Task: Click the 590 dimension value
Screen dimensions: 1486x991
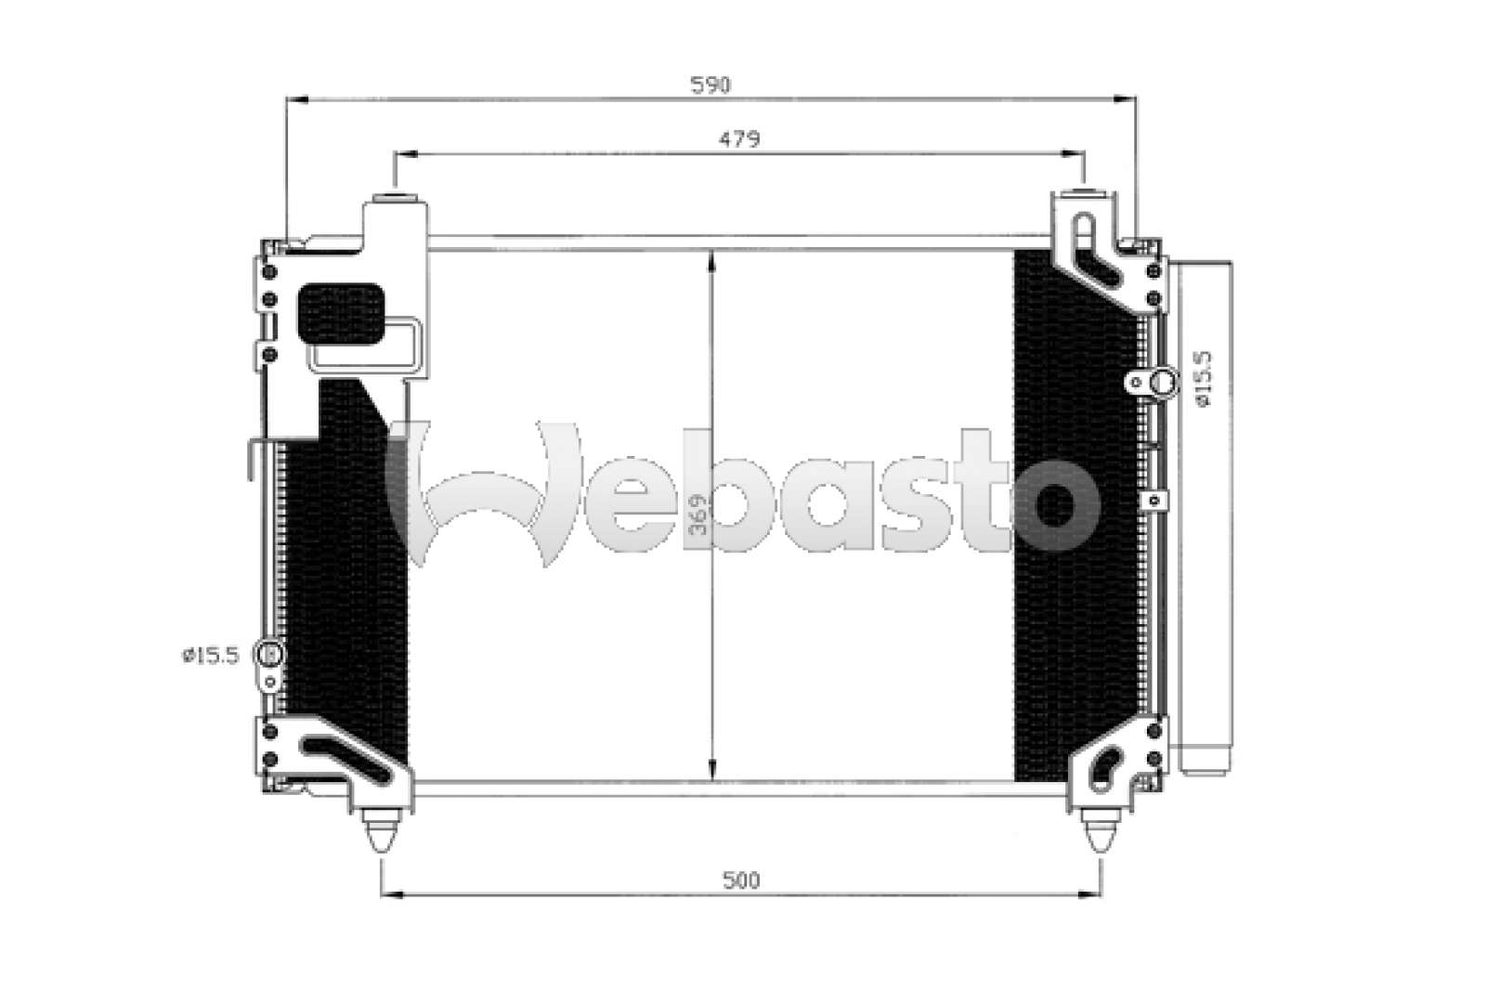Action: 710,85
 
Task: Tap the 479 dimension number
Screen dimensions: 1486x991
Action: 739,139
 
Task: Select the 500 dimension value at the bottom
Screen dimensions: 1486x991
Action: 740,880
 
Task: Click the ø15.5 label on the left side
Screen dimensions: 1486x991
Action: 210,656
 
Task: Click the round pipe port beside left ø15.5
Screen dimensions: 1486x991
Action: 269,655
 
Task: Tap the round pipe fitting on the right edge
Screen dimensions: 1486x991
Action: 1165,383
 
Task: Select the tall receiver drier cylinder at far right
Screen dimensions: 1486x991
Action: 1205,516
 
